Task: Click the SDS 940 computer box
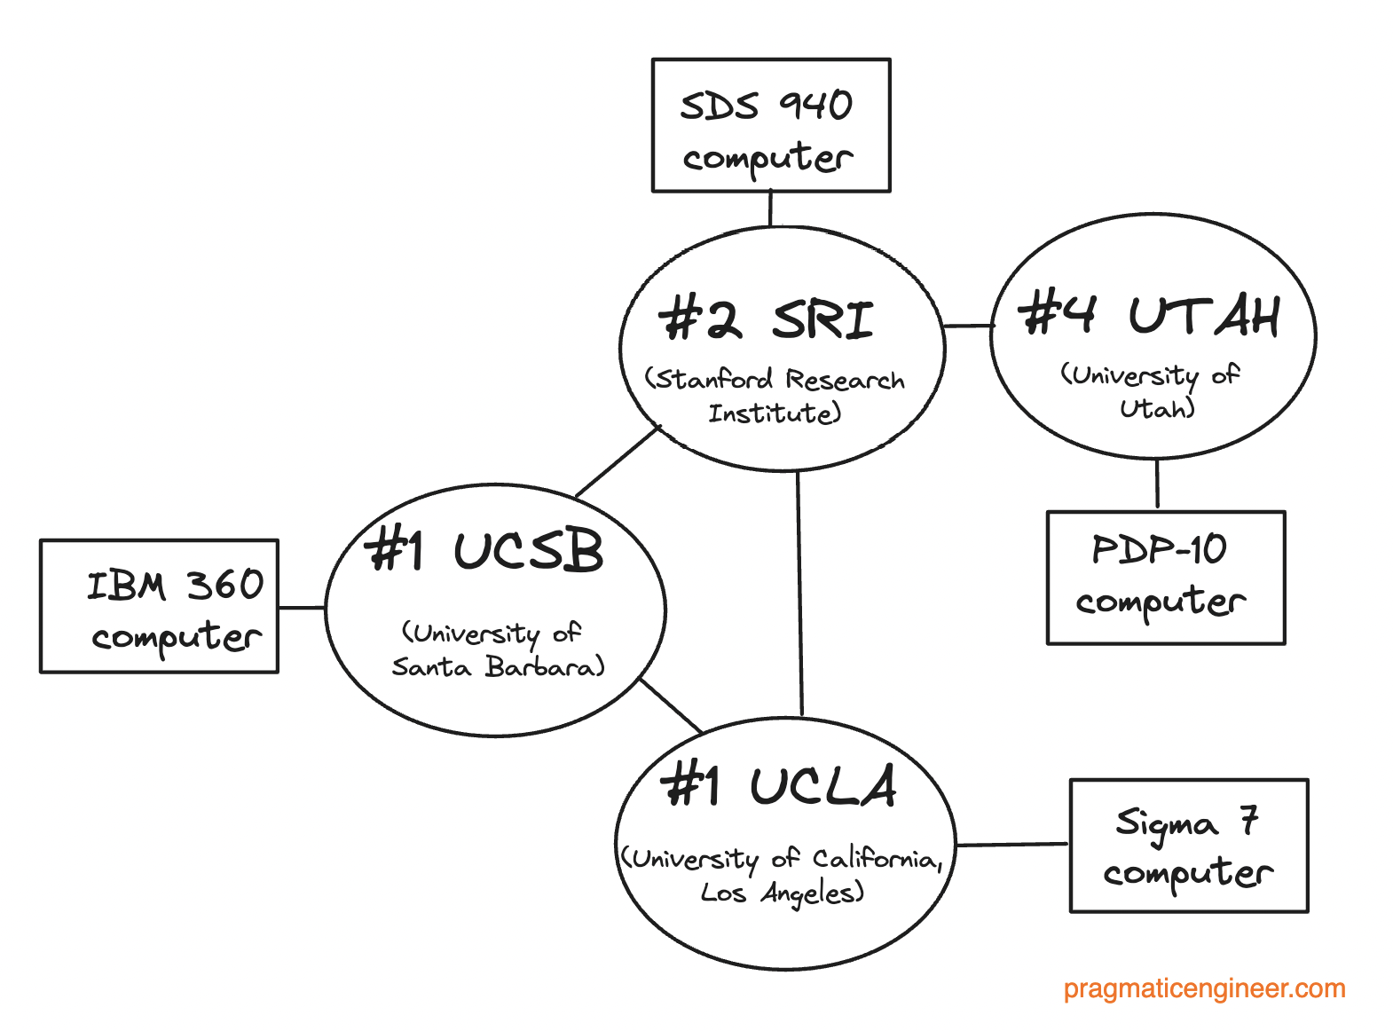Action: click(770, 125)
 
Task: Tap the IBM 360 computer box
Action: click(159, 606)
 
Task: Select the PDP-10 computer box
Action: click(1165, 577)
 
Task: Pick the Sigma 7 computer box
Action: click(1188, 846)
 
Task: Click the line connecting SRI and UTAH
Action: click(967, 326)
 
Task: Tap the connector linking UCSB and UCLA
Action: click(671, 706)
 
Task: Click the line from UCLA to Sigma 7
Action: click(1011, 845)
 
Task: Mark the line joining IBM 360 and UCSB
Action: click(302, 608)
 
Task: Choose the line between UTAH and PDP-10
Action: click(1157, 484)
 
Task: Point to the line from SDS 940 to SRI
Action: click(770, 209)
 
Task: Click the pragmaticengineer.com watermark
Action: click(1204, 988)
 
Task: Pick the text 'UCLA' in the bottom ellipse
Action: click(822, 786)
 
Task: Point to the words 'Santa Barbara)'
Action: click(498, 666)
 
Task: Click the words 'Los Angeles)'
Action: click(782, 893)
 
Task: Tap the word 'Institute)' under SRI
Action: click(774, 413)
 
